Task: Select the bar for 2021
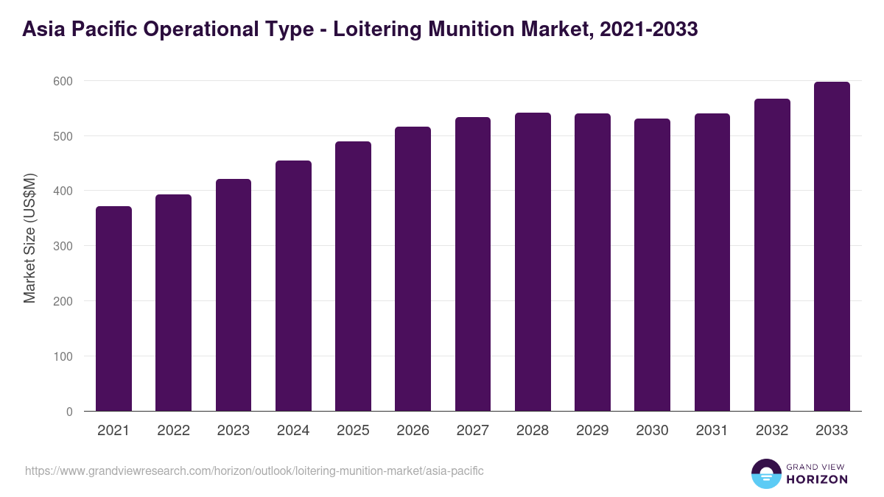(x=113, y=309)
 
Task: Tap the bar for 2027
(x=473, y=264)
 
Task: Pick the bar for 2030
(x=653, y=265)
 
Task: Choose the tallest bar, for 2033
(x=832, y=247)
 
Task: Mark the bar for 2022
(x=173, y=303)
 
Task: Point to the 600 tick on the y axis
(x=63, y=81)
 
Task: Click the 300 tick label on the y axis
(x=63, y=246)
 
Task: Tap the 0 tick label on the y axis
(x=69, y=412)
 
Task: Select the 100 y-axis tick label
(x=63, y=356)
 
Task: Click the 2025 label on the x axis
(x=353, y=431)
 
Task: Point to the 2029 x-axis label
(x=592, y=431)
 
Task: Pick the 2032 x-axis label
(x=772, y=431)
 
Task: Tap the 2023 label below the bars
(x=233, y=431)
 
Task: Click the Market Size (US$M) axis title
(x=29, y=238)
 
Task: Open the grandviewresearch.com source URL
(x=254, y=470)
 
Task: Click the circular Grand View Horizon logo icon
(x=765, y=473)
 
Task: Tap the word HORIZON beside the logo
(x=817, y=479)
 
